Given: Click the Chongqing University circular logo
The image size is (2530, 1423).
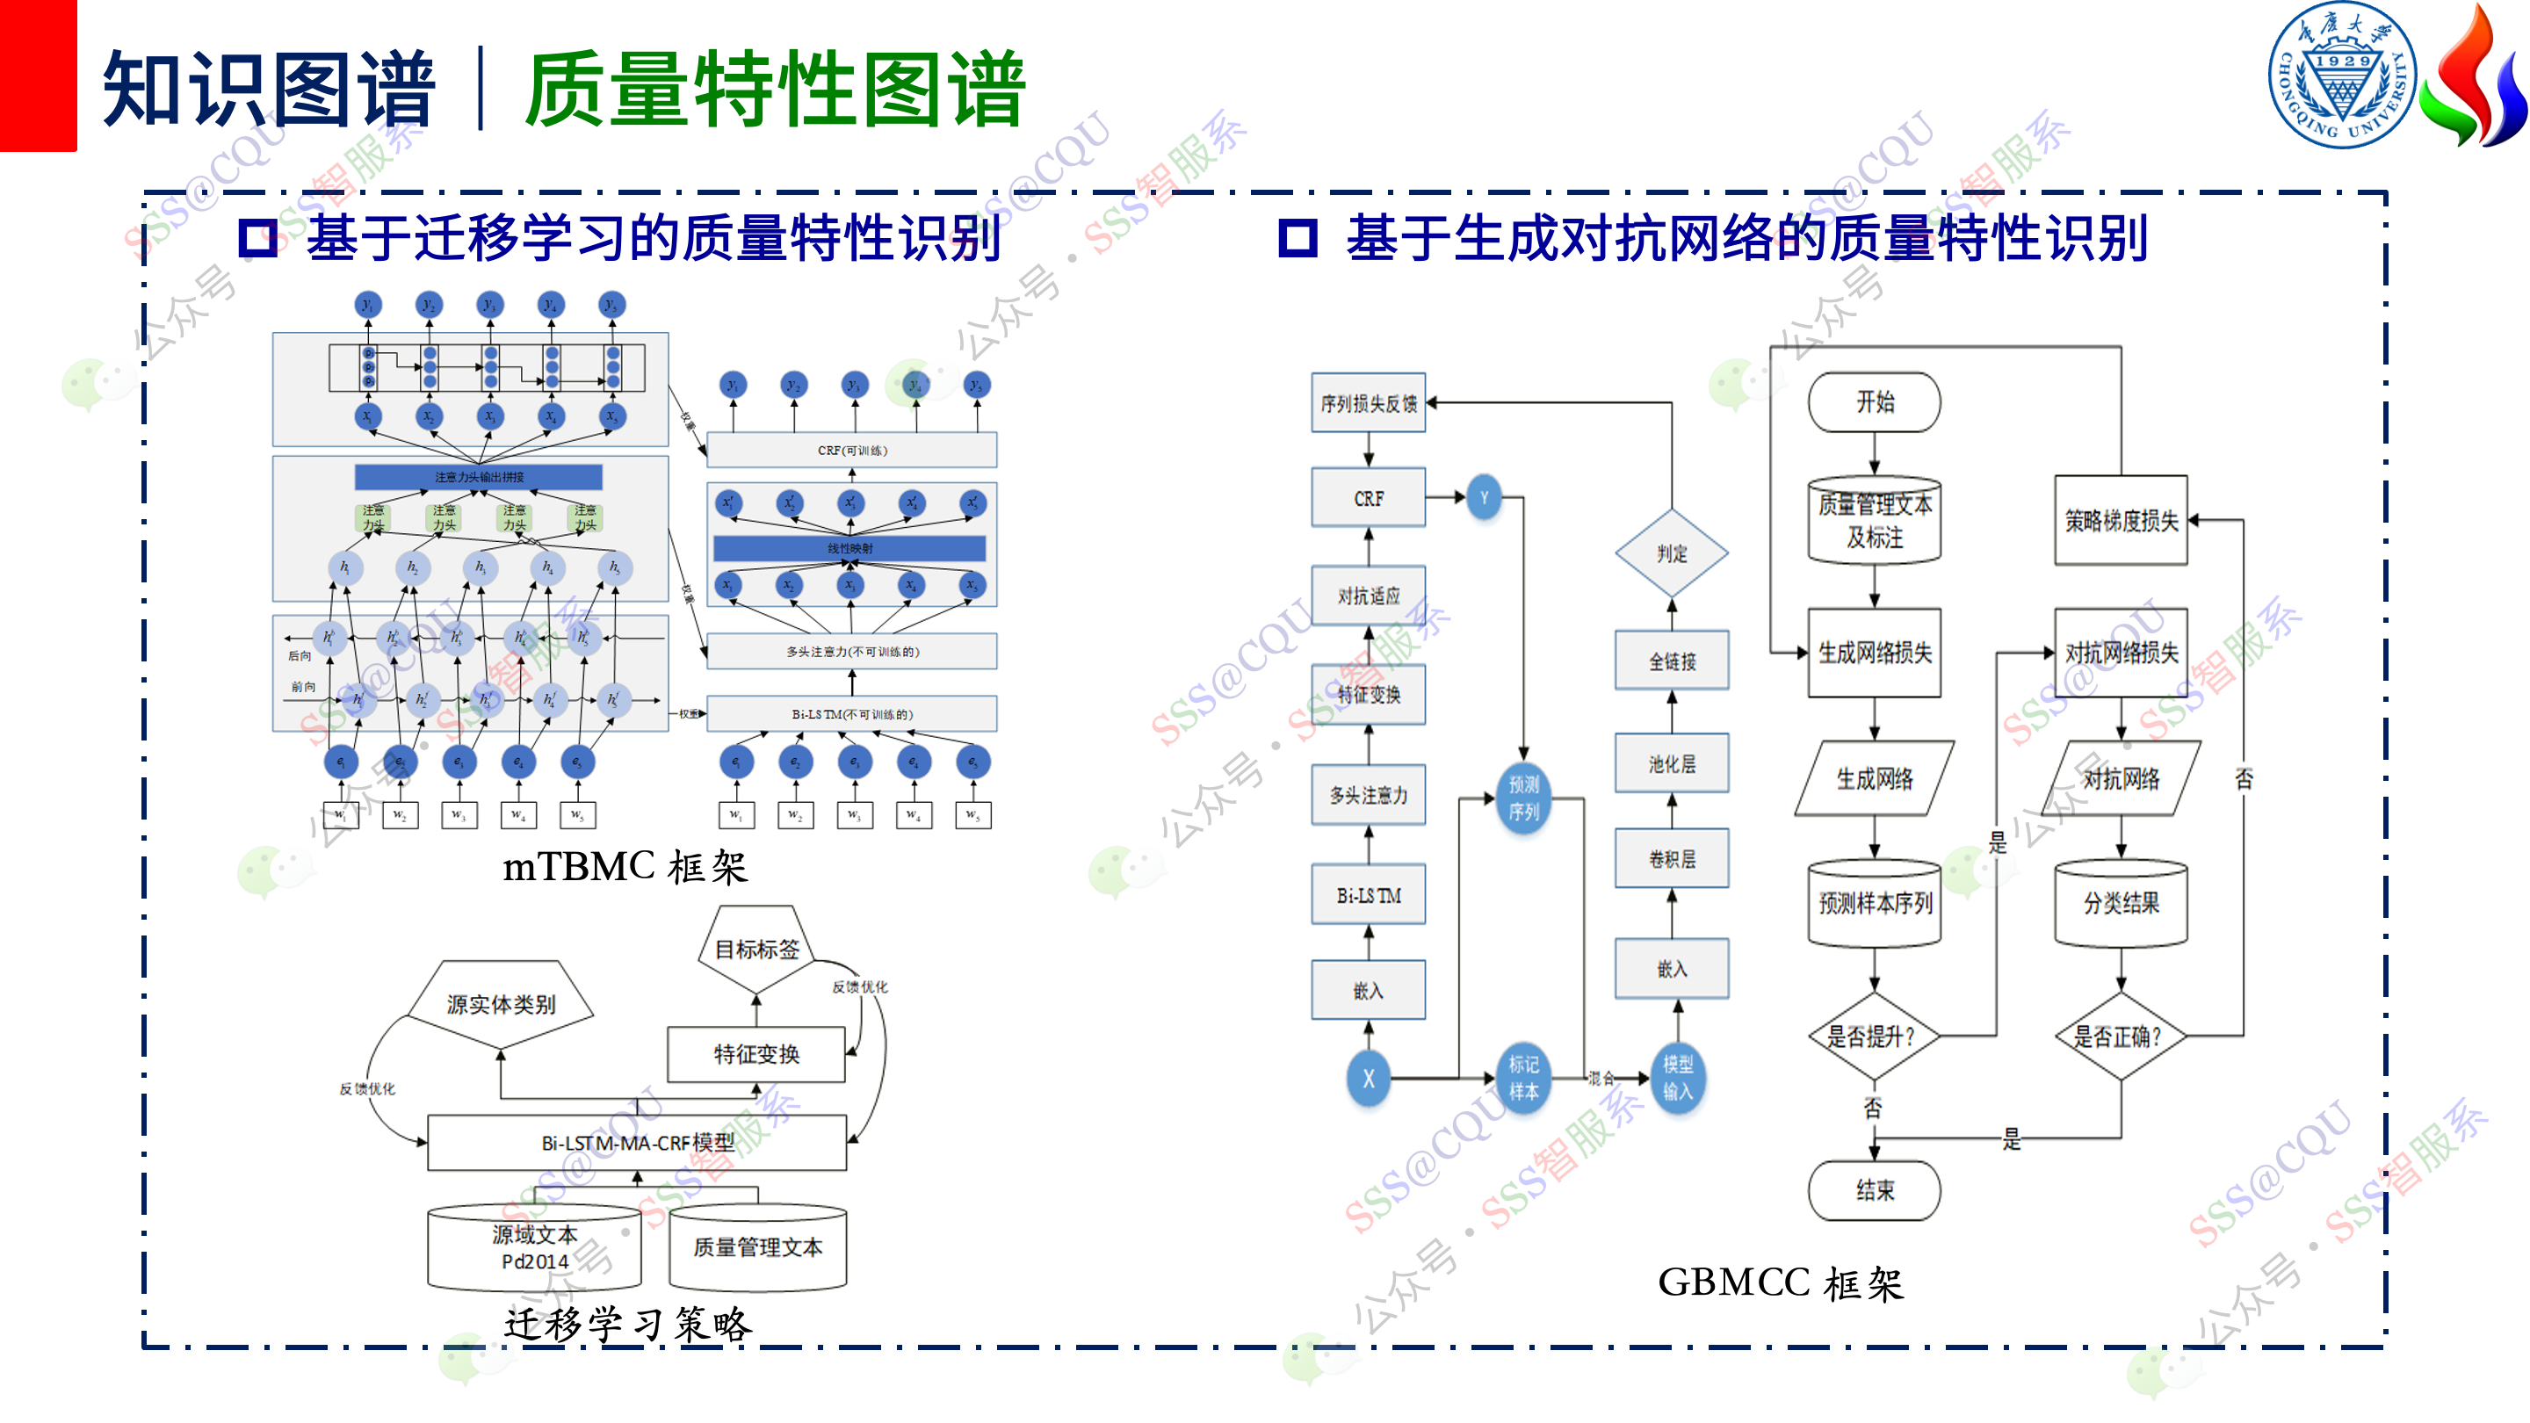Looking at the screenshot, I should pyautogui.click(x=2342, y=76).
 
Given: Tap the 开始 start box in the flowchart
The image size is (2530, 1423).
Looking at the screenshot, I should pyautogui.click(x=1874, y=401).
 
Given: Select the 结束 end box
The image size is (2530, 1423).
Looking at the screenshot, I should pyautogui.click(x=1874, y=1190).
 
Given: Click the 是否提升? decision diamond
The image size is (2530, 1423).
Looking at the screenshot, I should pyautogui.click(x=1874, y=1037).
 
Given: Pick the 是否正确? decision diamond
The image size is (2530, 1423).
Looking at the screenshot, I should pyautogui.click(x=2121, y=1037).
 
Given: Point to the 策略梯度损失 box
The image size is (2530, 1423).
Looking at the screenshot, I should pyautogui.click(x=2121, y=521).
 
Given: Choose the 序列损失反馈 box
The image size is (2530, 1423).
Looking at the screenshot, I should pyautogui.click(x=1368, y=402).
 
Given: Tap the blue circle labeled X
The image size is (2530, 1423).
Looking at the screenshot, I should pyautogui.click(x=1368, y=1079).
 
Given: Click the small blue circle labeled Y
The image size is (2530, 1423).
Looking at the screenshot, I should pyautogui.click(x=1484, y=498).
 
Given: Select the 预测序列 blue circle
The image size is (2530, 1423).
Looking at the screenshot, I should pyautogui.click(x=1523, y=798).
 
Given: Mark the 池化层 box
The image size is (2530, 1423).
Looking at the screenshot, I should pyautogui.click(x=1672, y=763).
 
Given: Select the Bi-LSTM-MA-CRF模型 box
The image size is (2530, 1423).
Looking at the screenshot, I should pyautogui.click(x=638, y=1142).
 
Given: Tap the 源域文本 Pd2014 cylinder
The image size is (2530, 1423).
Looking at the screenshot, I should pyautogui.click(x=534, y=1248).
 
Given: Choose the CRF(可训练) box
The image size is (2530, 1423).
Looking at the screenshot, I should pyautogui.click(x=851, y=451).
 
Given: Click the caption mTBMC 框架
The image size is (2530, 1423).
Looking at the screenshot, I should pyautogui.click(x=625, y=867).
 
